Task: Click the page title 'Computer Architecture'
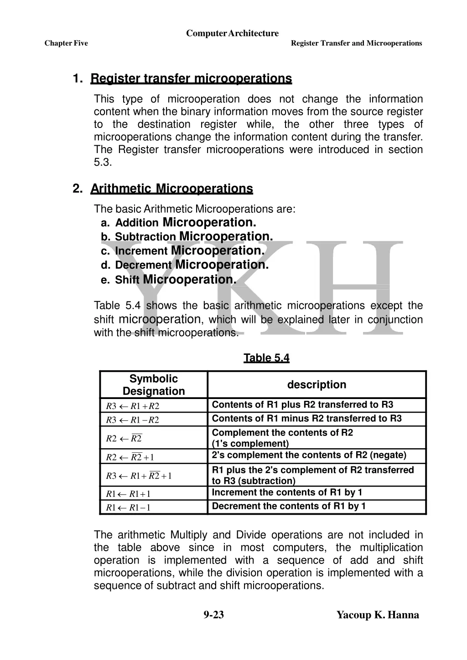coord(232,33)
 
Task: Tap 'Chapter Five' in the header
coord(66,43)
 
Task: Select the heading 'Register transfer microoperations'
coord(191,79)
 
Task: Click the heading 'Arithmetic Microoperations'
coord(171,189)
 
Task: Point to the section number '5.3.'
coord(103,162)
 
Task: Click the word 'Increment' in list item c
coord(141,251)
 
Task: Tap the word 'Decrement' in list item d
coord(143,265)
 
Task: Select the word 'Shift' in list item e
coord(127,280)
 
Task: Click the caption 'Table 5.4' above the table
coord(266,358)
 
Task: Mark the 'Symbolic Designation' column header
coord(154,385)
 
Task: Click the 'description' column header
coord(317,385)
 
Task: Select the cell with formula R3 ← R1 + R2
coord(133,406)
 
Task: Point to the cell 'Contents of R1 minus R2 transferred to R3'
coord(306,419)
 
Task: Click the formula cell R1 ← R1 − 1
coord(128,507)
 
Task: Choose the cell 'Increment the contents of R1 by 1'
coord(287,492)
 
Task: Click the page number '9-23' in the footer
coord(213,615)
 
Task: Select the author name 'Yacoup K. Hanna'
coord(378,615)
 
